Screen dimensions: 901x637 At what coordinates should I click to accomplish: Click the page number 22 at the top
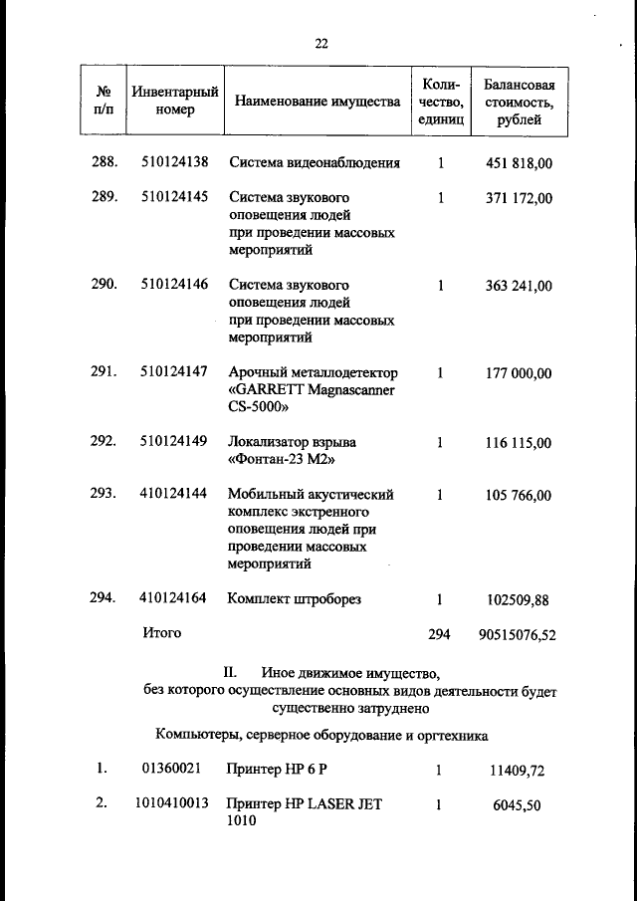click(x=320, y=43)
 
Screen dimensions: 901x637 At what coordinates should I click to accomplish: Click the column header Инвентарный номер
click(x=175, y=101)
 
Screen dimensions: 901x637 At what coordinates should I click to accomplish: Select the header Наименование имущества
click(x=318, y=102)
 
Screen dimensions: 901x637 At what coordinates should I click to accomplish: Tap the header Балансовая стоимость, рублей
click(x=518, y=102)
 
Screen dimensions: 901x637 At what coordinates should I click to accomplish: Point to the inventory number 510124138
click(x=174, y=163)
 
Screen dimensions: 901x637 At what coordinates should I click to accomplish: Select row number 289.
click(x=105, y=197)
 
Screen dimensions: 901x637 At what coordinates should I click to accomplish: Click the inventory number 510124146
click(x=174, y=285)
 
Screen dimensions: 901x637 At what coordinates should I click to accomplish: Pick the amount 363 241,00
click(x=518, y=286)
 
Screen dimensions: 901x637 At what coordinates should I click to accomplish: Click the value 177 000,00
click(x=518, y=373)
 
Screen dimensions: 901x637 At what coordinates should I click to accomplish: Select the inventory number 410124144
click(x=174, y=494)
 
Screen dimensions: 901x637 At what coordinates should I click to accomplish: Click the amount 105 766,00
click(x=518, y=495)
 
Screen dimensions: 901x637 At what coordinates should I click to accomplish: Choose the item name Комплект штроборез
click(x=294, y=598)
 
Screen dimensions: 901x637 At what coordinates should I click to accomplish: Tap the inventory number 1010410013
click(x=171, y=803)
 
